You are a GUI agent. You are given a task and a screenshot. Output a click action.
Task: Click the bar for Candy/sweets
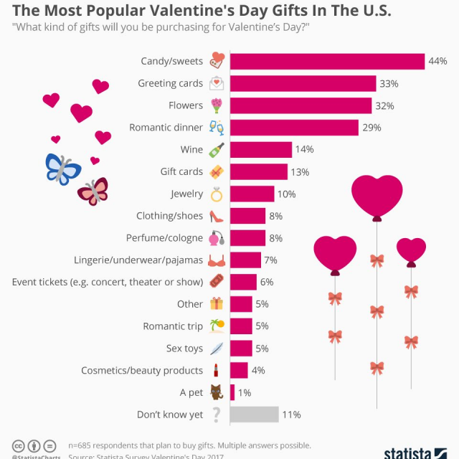point(326,62)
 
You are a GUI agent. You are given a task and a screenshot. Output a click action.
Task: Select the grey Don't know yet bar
point(254,415)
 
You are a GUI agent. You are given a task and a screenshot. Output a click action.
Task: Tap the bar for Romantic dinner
point(293,128)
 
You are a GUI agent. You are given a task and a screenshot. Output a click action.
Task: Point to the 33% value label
point(389,84)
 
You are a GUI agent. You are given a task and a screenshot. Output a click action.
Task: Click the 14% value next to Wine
point(305,150)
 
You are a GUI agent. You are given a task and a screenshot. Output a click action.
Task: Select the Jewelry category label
point(186,194)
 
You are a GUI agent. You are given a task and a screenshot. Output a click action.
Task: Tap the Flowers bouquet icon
point(216,106)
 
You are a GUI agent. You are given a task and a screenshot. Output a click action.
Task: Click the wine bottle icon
point(216,150)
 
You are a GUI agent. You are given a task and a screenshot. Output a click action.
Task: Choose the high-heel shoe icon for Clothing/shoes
point(216,216)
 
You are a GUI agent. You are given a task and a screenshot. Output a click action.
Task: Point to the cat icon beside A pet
point(216,392)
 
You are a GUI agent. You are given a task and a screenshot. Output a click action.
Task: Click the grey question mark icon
point(216,415)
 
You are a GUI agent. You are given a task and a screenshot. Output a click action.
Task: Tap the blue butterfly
point(63,167)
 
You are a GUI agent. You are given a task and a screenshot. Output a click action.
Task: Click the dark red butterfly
point(93,191)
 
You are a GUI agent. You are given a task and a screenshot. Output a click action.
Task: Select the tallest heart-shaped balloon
point(377,197)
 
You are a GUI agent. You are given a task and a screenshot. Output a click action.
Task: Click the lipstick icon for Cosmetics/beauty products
point(216,370)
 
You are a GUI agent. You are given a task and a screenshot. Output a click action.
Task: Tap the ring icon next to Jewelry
point(216,194)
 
